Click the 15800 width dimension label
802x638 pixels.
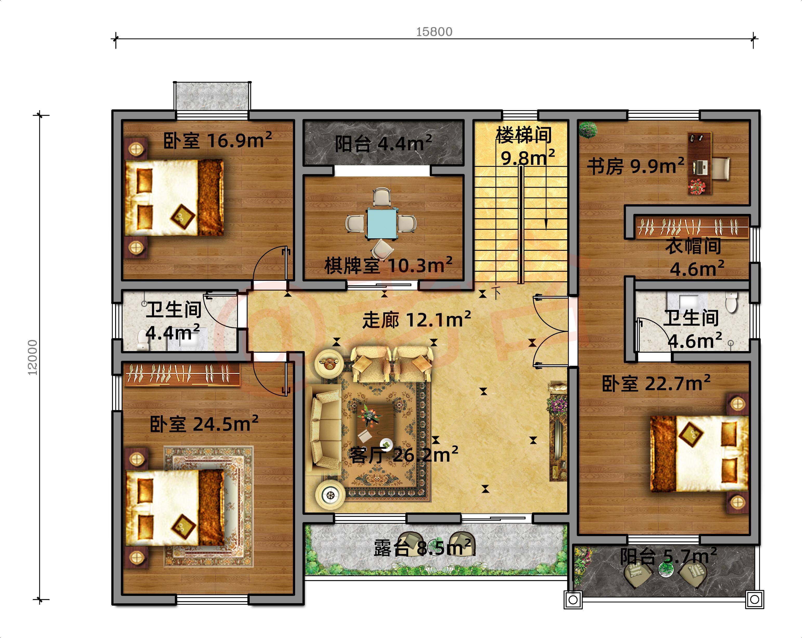click(x=434, y=32)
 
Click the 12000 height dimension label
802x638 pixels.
click(x=33, y=357)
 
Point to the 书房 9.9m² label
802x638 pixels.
click(x=635, y=166)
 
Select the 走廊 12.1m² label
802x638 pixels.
click(x=417, y=320)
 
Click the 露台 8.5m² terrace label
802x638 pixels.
click(x=422, y=548)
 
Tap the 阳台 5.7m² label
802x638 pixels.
click(x=668, y=557)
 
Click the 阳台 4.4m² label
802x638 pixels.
click(x=383, y=143)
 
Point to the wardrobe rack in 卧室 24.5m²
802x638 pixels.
click(x=182, y=374)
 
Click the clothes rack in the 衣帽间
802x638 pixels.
click(x=692, y=227)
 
